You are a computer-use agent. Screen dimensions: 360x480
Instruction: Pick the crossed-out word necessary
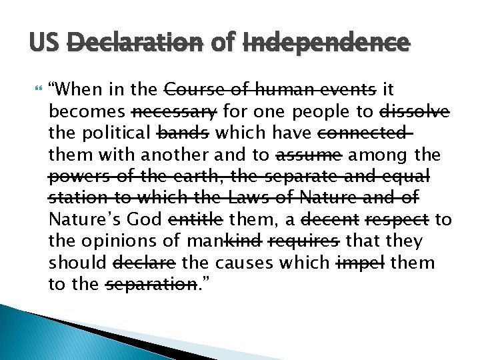coord(175,111)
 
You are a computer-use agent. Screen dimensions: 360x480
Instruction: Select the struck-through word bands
coord(182,133)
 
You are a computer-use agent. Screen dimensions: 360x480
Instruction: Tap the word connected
coord(363,133)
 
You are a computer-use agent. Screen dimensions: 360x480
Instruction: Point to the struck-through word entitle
coord(197,219)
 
